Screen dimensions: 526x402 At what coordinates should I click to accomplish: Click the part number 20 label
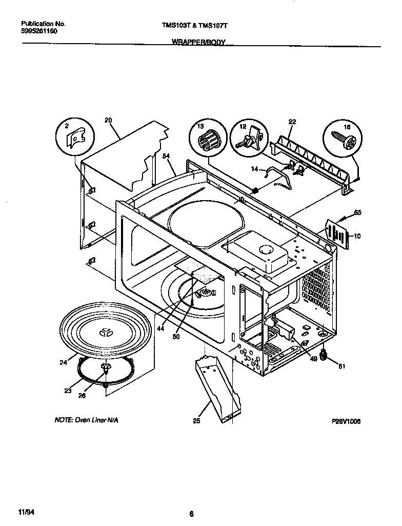point(108,120)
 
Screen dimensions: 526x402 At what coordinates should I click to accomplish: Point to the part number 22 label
point(292,122)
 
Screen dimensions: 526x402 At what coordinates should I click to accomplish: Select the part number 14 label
point(254,169)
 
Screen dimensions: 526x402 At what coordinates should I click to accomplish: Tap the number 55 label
point(357,211)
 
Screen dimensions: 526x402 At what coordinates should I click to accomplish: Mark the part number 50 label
point(176,338)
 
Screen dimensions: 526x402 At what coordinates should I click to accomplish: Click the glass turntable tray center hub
point(107,332)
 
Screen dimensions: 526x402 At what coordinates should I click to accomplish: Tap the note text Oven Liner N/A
point(87,420)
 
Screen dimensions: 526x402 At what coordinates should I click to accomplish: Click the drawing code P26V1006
point(347,421)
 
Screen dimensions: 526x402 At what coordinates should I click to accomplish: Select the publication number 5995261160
point(39,31)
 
